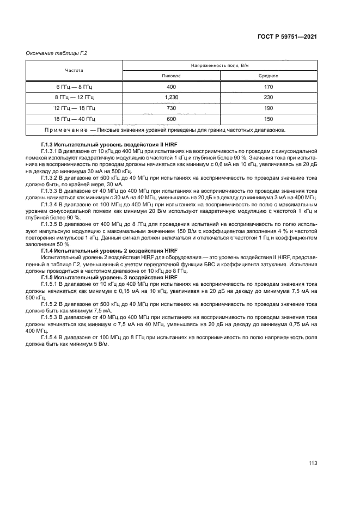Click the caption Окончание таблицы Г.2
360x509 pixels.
57,53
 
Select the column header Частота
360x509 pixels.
74,70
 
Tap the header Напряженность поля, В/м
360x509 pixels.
219,65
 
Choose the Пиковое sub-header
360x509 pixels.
171,76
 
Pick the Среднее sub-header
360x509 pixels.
269,76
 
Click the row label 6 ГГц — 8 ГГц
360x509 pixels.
75,87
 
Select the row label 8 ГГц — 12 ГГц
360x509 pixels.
75,97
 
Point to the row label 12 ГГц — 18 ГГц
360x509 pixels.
75,108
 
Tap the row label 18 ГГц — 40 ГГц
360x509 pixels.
75,119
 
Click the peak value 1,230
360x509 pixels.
171,97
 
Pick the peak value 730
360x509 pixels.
171,108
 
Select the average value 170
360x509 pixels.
269,87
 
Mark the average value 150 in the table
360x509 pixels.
269,119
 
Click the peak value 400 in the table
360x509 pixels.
171,87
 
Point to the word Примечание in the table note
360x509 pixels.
65,130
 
